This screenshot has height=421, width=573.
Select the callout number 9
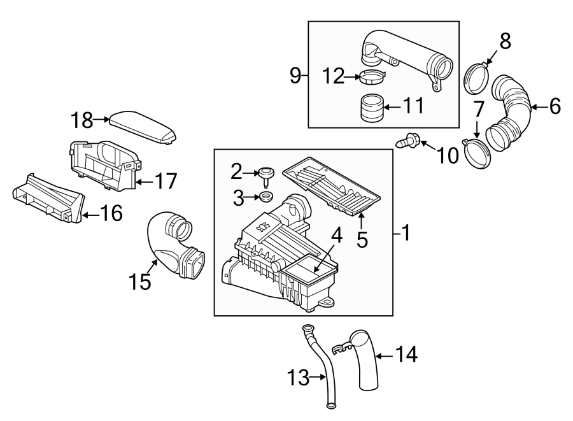295,76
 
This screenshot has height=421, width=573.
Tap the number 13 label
297,379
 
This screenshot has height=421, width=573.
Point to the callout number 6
555,107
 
